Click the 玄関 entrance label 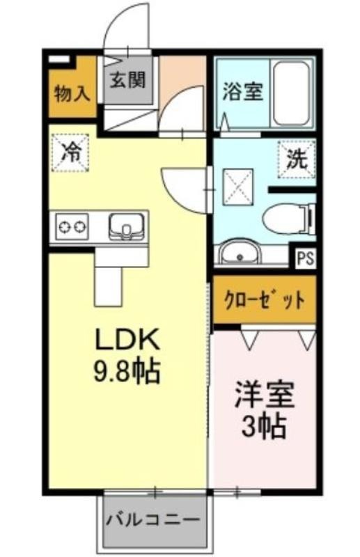pos(127,80)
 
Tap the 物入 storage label pos(72,94)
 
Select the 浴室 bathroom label pos(243,92)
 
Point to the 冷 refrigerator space pos(70,152)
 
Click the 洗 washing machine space pos(297,159)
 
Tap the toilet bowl pos(288,219)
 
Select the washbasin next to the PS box pos(240,252)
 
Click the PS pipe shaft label pos(305,258)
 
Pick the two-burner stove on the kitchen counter pos(72,226)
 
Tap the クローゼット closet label pos(265,300)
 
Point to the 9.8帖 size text pos(126,371)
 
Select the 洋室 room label pos(265,395)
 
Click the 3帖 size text pos(264,426)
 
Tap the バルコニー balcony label pos(153,520)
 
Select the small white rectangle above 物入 pos(58,59)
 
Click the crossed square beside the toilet pos(238,186)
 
